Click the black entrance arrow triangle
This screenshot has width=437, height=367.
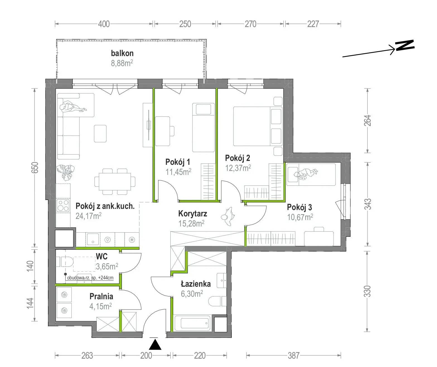pyautogui.click(x=155, y=345)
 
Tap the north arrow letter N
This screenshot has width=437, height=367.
pyautogui.click(x=405, y=45)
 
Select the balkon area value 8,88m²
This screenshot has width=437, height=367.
pyautogui.click(x=122, y=63)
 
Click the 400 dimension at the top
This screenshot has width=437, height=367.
pyautogui.click(x=104, y=24)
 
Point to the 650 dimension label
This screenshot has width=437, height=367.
pyautogui.click(x=35, y=168)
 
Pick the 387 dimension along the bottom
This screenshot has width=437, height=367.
pyautogui.click(x=294, y=356)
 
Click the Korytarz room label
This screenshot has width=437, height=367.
pyautogui.click(x=192, y=214)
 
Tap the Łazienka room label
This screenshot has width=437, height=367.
pyautogui.click(x=196, y=284)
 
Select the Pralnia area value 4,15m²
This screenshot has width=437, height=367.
pyautogui.click(x=100, y=306)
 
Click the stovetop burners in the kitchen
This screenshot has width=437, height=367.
pyautogui.click(x=63, y=205)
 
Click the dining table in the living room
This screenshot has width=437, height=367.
pyautogui.click(x=115, y=182)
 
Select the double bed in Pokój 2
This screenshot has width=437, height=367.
pyautogui.click(x=258, y=126)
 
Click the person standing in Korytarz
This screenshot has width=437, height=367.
pyautogui.click(x=228, y=216)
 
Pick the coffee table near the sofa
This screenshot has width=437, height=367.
pyautogui.click(x=100, y=134)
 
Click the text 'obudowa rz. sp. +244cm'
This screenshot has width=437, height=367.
pyautogui.click(x=90, y=277)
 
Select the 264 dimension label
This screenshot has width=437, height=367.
pyautogui.click(x=368, y=120)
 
